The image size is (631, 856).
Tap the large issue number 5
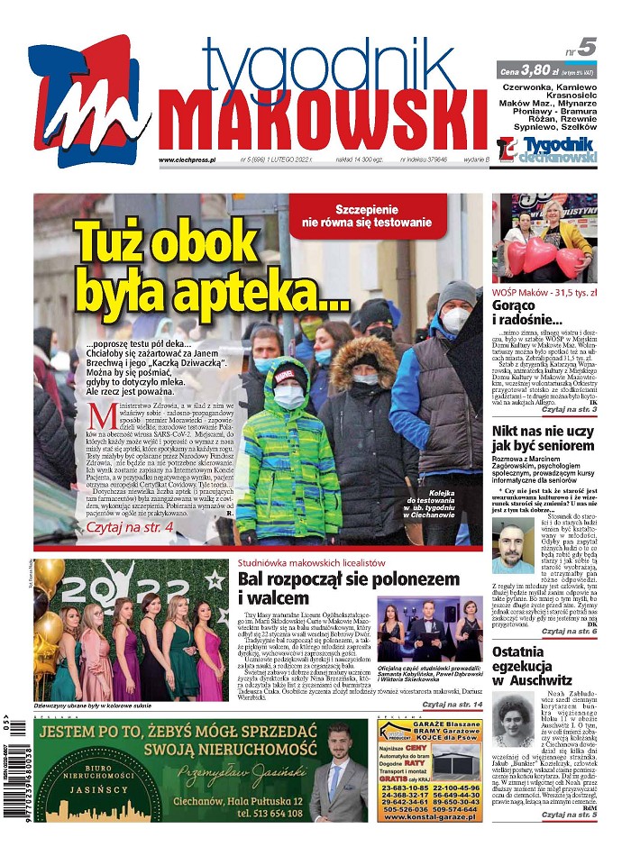(588, 47)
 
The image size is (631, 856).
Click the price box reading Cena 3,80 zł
(547, 69)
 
